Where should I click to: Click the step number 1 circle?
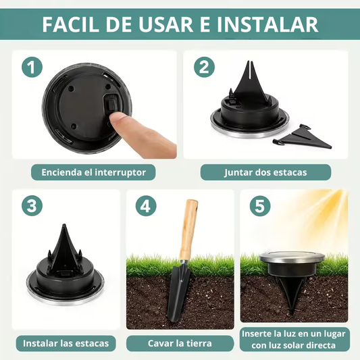pos(32,68)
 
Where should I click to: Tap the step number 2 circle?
pos(205,68)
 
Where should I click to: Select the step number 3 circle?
pos(32,206)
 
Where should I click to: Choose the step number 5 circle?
pos(260,206)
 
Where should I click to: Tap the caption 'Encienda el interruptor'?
pos(93,172)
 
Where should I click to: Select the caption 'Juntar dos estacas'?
pos(265,172)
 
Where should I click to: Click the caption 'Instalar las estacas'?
pos(66,343)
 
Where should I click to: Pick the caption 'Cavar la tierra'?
pos(180,343)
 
